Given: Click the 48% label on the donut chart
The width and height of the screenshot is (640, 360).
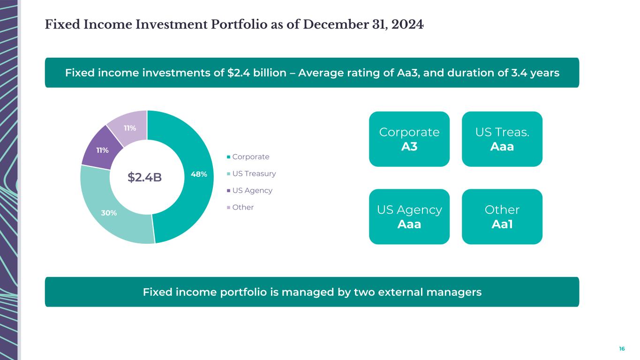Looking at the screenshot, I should click(199, 174).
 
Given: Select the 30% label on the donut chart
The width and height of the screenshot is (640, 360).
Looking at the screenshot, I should click(109, 213).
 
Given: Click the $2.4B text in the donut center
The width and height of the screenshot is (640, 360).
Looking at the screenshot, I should click(145, 177).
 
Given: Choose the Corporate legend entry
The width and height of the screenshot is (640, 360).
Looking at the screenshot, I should click(250, 157).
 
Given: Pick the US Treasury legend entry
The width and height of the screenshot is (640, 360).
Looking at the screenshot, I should click(254, 173).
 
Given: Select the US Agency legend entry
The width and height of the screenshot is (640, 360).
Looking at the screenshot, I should click(252, 190).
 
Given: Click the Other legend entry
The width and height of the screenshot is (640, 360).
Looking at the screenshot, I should click(242, 207).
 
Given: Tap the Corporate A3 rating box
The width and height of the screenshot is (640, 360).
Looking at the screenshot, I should click(409, 139).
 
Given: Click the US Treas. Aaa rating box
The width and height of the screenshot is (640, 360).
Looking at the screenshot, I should click(502, 139).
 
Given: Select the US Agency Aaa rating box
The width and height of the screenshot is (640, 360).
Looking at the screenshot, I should click(409, 217).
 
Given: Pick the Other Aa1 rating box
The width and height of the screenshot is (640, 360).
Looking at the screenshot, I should click(502, 217).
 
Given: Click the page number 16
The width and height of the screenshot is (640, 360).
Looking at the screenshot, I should click(622, 349).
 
